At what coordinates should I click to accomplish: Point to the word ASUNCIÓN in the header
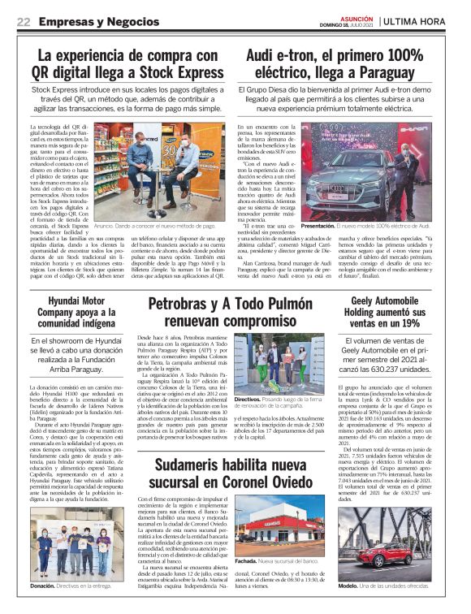pyautogui.click(x=356, y=15)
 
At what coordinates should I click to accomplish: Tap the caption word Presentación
pyautogui.click(x=317, y=225)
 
